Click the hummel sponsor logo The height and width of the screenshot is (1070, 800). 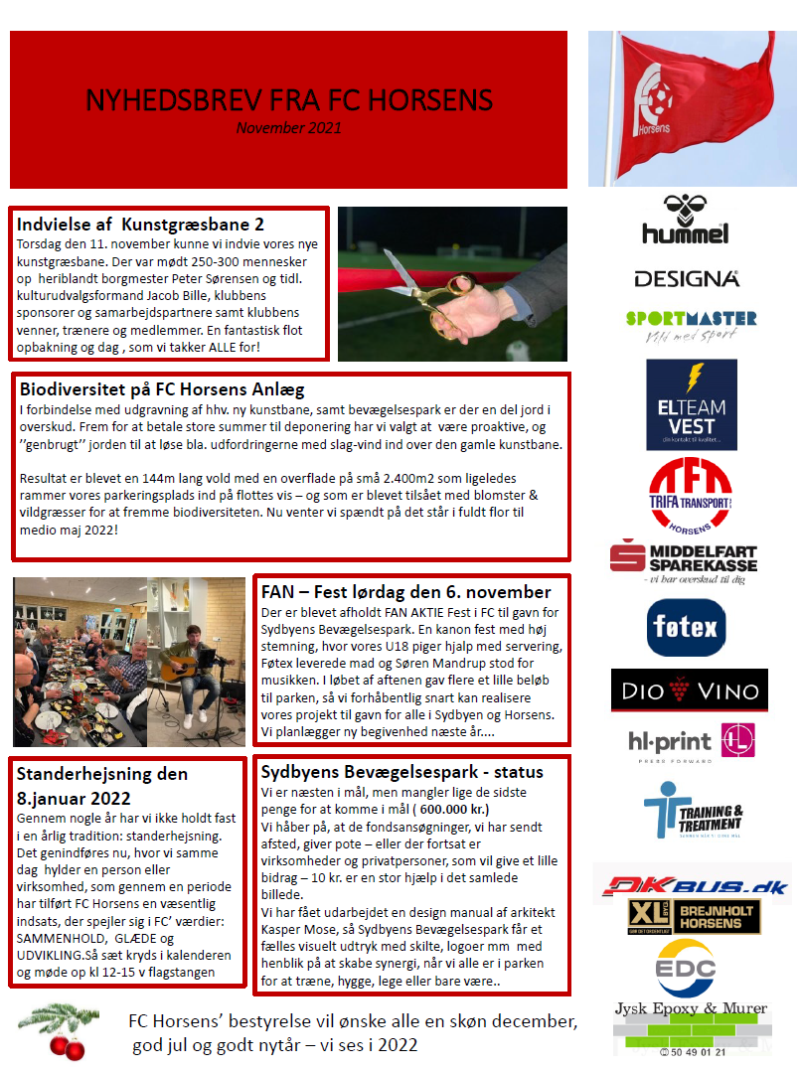[685, 219]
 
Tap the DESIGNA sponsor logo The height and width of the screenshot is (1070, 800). [686, 279]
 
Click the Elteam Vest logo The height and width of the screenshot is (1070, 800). [691, 404]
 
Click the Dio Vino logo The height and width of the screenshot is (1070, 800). [689, 690]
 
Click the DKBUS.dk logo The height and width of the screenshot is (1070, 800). [692, 885]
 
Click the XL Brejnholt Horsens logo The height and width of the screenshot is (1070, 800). [693, 917]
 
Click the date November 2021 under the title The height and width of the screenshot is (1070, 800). [288, 127]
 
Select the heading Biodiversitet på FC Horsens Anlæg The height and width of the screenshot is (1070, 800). [162, 389]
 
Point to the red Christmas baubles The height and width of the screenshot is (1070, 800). [68, 1044]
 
